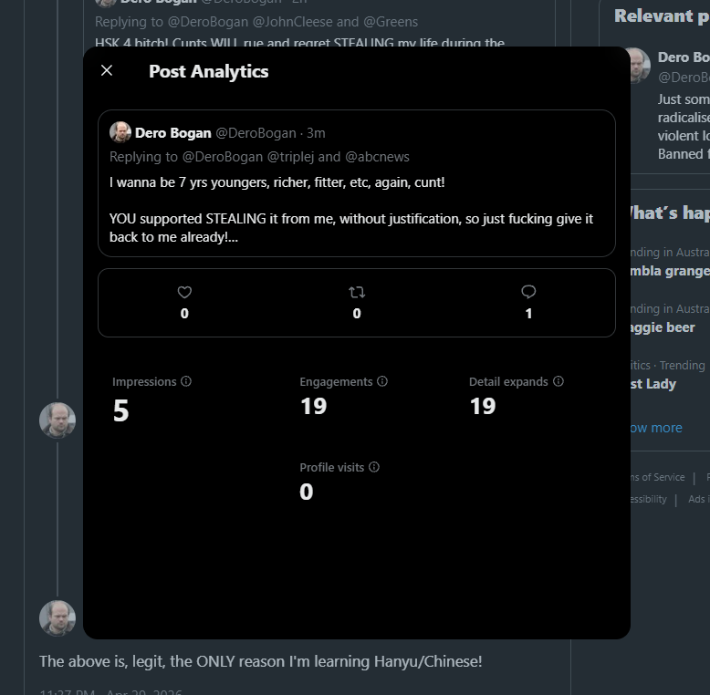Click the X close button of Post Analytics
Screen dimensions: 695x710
pyautogui.click(x=107, y=70)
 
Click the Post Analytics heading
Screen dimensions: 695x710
pyautogui.click(x=208, y=71)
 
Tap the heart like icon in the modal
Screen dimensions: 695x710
pyautogui.click(x=184, y=292)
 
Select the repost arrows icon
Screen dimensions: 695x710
pyautogui.click(x=357, y=292)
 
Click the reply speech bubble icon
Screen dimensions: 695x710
pyautogui.click(x=528, y=292)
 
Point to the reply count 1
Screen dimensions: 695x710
pyautogui.click(x=528, y=314)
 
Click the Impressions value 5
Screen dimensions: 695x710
pyautogui.click(x=120, y=411)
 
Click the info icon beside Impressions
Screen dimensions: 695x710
pyautogui.click(x=186, y=381)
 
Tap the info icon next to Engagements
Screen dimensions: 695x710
pyautogui.click(x=382, y=381)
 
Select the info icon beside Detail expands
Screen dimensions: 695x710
pyautogui.click(x=559, y=381)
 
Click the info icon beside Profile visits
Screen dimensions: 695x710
pyautogui.click(x=374, y=467)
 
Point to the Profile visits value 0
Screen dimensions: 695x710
pyautogui.click(x=307, y=493)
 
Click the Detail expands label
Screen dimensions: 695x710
pyautogui.click(x=508, y=381)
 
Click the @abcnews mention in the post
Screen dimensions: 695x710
pyautogui.click(x=377, y=157)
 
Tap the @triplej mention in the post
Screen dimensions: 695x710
pyautogui.click(x=291, y=157)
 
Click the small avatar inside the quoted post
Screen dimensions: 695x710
pyautogui.click(x=120, y=132)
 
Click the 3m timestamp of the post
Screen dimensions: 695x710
pyautogui.click(x=316, y=133)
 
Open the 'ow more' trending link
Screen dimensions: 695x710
pyautogui.click(x=654, y=428)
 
